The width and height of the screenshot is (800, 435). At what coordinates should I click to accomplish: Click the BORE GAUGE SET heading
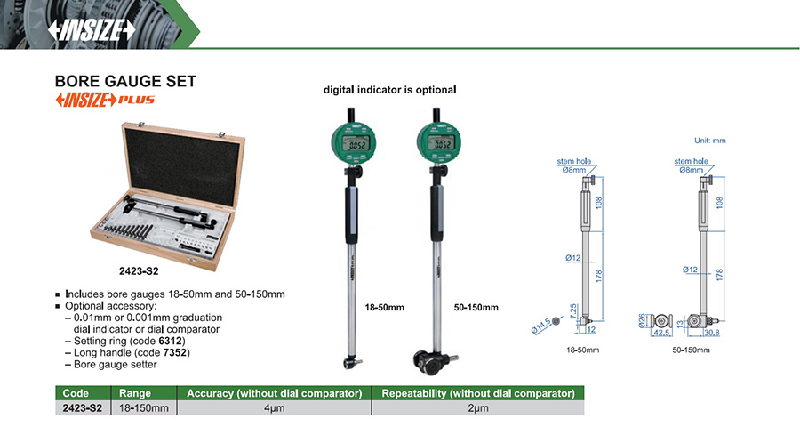pos(125,81)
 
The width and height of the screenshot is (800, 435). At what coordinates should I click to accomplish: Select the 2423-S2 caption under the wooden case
pos(140,270)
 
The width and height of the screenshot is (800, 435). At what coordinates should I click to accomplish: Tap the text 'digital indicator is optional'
pos(389,90)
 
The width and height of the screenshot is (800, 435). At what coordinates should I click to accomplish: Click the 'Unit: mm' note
pos(709,141)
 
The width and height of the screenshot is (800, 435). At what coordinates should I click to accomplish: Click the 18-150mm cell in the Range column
pos(144,407)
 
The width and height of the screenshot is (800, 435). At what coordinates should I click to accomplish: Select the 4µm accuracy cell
pos(275,407)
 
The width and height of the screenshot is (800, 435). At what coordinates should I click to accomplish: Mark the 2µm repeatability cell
pos(477,407)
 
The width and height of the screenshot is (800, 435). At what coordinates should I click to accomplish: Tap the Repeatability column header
pos(477,392)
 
